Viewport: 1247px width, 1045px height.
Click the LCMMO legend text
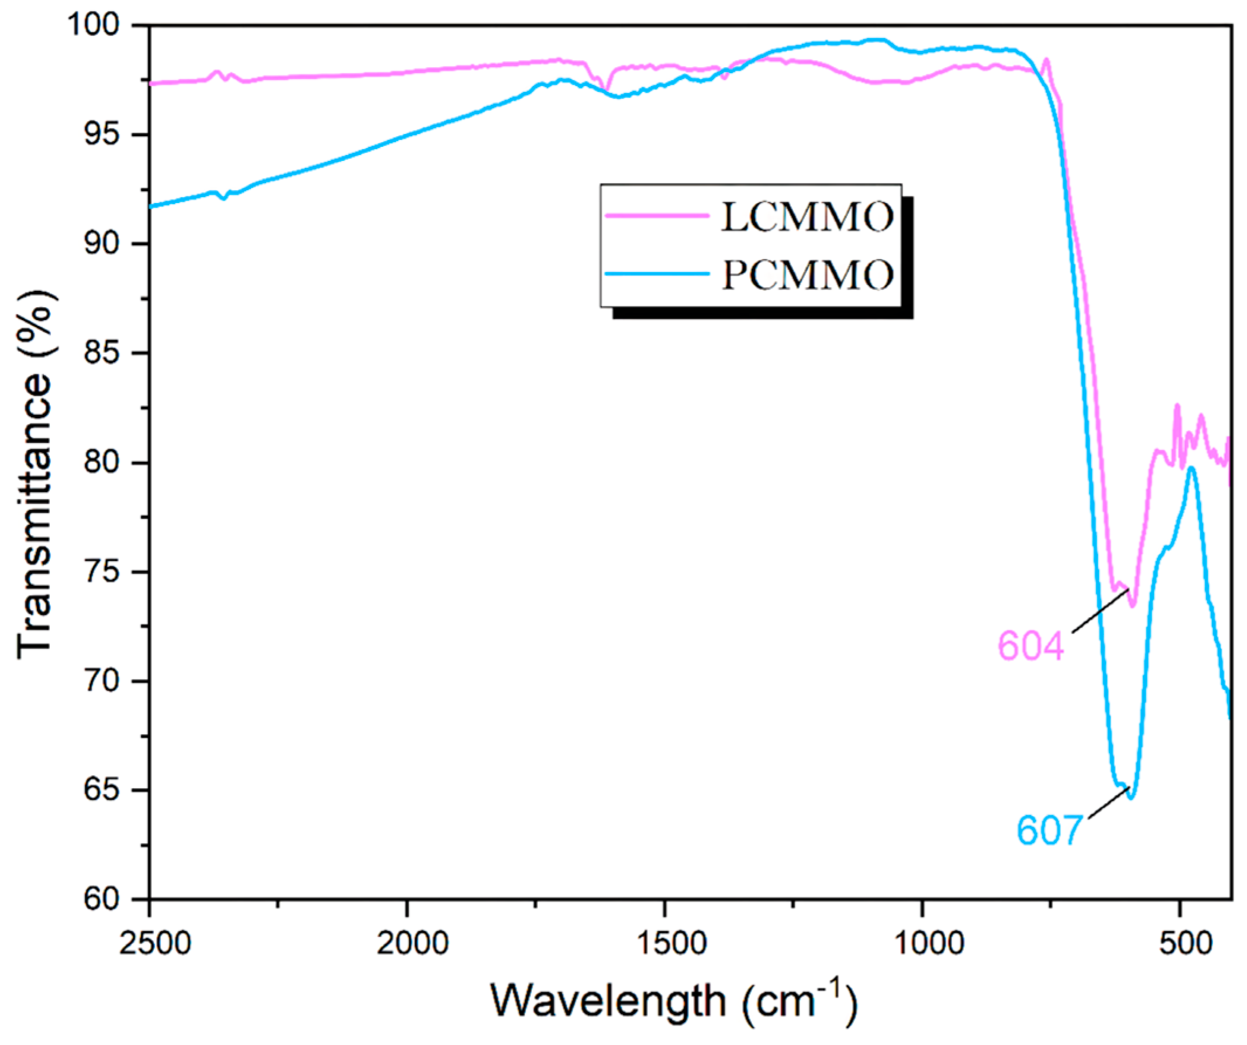click(x=807, y=217)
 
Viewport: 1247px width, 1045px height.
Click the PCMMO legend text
click(x=807, y=275)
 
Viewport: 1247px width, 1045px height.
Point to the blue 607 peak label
click(x=1049, y=830)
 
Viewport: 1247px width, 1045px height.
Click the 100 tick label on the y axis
click(x=101, y=26)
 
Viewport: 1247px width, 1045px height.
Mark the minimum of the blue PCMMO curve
click(x=1131, y=797)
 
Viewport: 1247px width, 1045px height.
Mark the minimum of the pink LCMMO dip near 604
click(x=1132, y=606)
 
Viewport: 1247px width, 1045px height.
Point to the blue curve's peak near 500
click(x=1191, y=468)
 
